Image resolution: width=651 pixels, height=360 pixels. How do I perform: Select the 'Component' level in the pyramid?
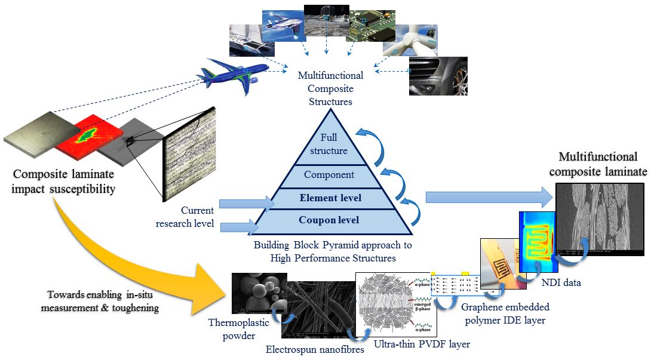329,175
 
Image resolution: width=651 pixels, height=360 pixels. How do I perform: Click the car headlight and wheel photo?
438,76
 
